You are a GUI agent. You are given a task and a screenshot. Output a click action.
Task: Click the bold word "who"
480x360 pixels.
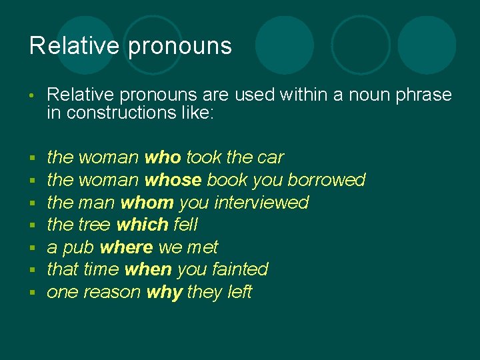(163, 158)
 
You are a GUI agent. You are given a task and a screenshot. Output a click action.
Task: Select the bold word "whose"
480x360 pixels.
(173, 180)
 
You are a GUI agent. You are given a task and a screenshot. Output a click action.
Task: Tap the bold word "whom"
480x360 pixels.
(147, 203)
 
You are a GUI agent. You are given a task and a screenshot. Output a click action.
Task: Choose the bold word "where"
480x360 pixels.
(126, 247)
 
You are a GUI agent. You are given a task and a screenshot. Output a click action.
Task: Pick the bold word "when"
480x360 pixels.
(148, 269)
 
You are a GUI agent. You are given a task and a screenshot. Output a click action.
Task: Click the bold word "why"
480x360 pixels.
(164, 293)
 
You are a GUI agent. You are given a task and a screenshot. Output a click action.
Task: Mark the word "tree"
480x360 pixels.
(94, 225)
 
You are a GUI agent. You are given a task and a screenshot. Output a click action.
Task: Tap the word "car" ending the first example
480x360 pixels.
(270, 159)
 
